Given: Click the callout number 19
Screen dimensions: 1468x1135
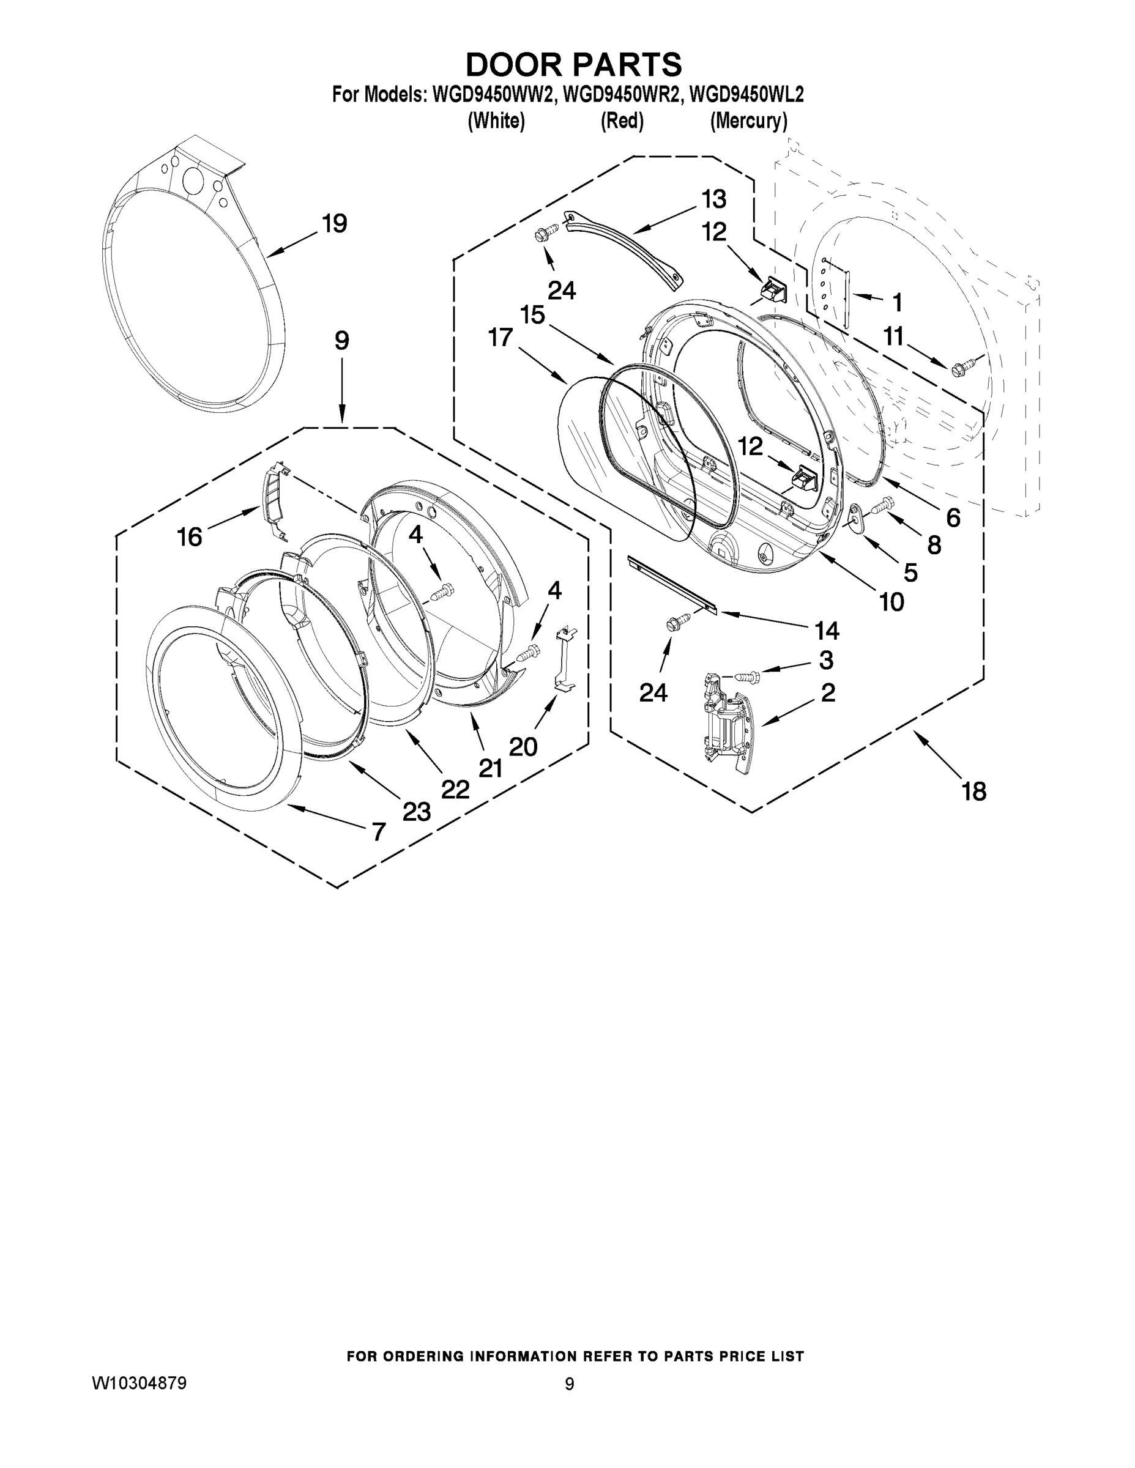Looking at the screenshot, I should click(334, 224).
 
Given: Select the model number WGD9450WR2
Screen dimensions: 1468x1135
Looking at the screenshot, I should click(618, 95).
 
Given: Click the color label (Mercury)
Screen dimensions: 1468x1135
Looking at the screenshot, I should click(748, 121).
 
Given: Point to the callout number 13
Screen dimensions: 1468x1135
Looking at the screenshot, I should click(714, 199).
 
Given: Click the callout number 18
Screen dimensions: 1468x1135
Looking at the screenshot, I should click(973, 792).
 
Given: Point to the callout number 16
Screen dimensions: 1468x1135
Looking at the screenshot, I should click(190, 537).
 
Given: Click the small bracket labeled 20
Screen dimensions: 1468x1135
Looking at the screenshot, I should click(565, 659).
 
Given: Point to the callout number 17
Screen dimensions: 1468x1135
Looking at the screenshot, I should click(501, 338).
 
